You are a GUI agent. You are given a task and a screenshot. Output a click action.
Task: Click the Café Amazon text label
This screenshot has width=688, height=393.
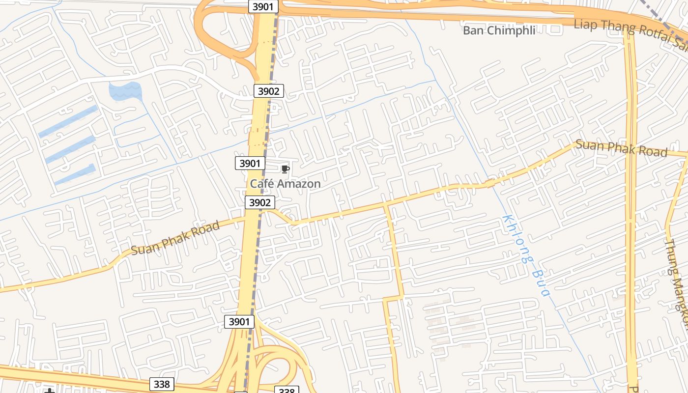(285, 184)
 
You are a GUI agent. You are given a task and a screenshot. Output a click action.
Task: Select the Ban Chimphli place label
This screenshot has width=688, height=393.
(499, 30)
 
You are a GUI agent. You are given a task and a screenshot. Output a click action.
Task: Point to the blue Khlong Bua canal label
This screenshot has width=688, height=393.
(525, 256)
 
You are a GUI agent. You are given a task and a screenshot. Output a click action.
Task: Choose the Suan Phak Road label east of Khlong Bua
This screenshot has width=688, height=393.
(621, 148)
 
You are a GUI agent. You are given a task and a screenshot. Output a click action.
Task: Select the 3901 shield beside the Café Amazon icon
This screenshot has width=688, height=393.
(250, 163)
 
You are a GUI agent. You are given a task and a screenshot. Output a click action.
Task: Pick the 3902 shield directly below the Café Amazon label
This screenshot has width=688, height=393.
(260, 202)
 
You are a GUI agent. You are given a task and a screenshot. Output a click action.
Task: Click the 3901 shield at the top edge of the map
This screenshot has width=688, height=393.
(263, 6)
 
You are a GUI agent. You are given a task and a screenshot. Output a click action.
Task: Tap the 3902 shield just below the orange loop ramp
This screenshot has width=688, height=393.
(269, 91)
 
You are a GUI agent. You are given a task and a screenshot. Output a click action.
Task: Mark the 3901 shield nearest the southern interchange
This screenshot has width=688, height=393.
(239, 322)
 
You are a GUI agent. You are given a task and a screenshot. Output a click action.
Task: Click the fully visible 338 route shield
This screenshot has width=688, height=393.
(162, 384)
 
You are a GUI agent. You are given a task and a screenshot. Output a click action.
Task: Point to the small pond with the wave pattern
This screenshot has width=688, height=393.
(125, 90)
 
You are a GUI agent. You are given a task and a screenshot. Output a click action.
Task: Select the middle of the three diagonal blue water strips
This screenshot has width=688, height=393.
(70, 149)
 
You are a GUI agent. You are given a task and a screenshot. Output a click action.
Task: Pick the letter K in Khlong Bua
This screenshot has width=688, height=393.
(506, 219)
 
